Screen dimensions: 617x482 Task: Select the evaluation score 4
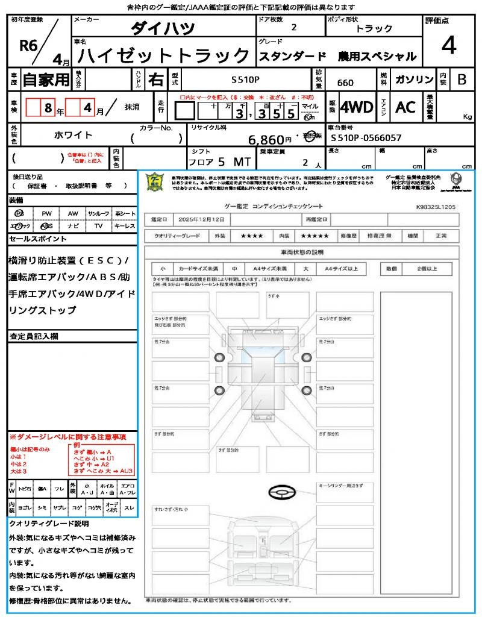point(448,46)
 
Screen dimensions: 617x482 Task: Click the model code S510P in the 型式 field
point(246,80)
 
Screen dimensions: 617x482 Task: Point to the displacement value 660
point(345,83)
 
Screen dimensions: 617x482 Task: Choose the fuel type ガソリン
point(414,80)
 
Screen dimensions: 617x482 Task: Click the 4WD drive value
point(357,107)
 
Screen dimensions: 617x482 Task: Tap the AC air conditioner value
point(405,107)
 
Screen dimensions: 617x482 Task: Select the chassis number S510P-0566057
point(366,138)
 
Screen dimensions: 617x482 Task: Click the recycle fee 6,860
point(266,140)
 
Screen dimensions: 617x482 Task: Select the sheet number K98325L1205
point(436,206)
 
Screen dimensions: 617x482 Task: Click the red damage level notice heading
point(67,436)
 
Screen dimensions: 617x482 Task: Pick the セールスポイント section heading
point(38,239)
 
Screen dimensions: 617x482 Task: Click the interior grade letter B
point(462,80)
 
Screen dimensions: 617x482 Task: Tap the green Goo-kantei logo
point(155,182)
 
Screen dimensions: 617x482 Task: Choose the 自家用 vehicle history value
point(46,80)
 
